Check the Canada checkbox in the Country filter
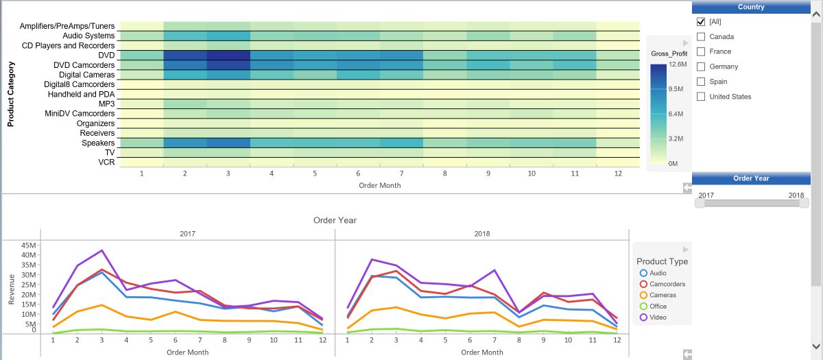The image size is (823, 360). point(701,36)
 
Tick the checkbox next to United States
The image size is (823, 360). point(701,97)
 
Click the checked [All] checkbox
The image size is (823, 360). point(701,22)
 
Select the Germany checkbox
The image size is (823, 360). point(701,67)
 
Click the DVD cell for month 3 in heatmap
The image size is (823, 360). point(228,55)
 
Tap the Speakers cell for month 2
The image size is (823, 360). point(185,143)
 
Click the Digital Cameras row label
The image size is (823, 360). point(86,75)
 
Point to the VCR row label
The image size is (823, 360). point(106,163)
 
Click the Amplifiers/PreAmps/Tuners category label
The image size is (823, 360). point(67,26)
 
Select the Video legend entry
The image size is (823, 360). point(658,317)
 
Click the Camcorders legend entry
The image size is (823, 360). point(667,284)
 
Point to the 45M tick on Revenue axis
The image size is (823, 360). point(28,245)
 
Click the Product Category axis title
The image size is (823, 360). point(11,95)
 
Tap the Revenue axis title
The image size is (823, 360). point(11,289)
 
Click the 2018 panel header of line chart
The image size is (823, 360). point(481,234)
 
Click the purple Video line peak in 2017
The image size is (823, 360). point(102,250)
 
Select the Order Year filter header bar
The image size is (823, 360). point(750,178)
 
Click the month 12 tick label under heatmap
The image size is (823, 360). point(618,174)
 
